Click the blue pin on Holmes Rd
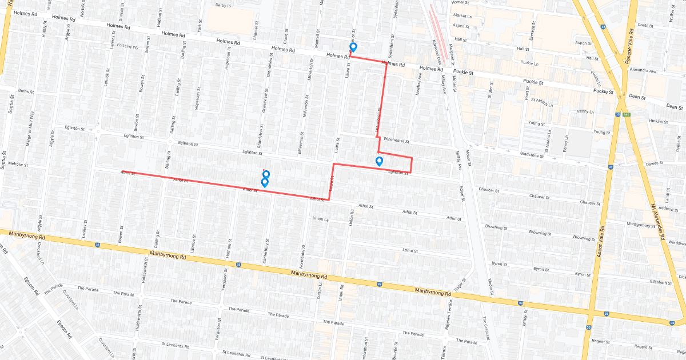click(353, 47)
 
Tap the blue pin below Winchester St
click(379, 161)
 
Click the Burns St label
click(26, 91)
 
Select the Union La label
click(321, 219)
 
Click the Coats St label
click(645, 25)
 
